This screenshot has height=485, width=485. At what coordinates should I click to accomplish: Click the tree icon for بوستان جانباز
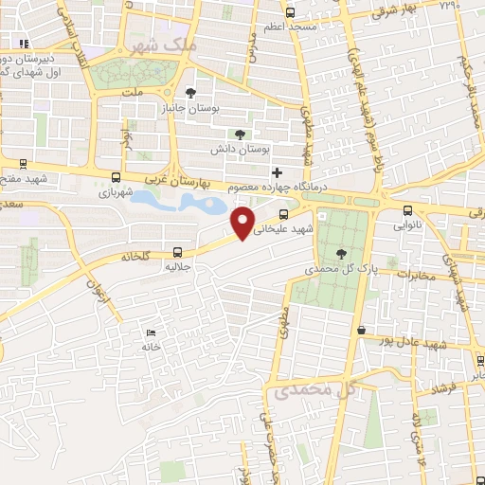click(192, 93)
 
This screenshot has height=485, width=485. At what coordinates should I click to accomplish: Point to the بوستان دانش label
click(265, 150)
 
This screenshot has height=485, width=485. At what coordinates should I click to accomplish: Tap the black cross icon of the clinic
click(277, 172)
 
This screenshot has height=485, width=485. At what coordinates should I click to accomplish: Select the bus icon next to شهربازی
click(116, 177)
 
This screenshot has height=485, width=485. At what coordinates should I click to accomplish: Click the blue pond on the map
click(180, 202)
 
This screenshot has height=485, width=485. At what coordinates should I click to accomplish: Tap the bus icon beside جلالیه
click(178, 252)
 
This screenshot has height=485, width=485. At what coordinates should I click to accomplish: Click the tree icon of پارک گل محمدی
click(341, 253)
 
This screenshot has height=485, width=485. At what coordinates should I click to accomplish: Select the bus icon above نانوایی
click(407, 211)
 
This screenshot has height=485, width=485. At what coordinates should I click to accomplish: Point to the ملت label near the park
click(132, 94)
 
